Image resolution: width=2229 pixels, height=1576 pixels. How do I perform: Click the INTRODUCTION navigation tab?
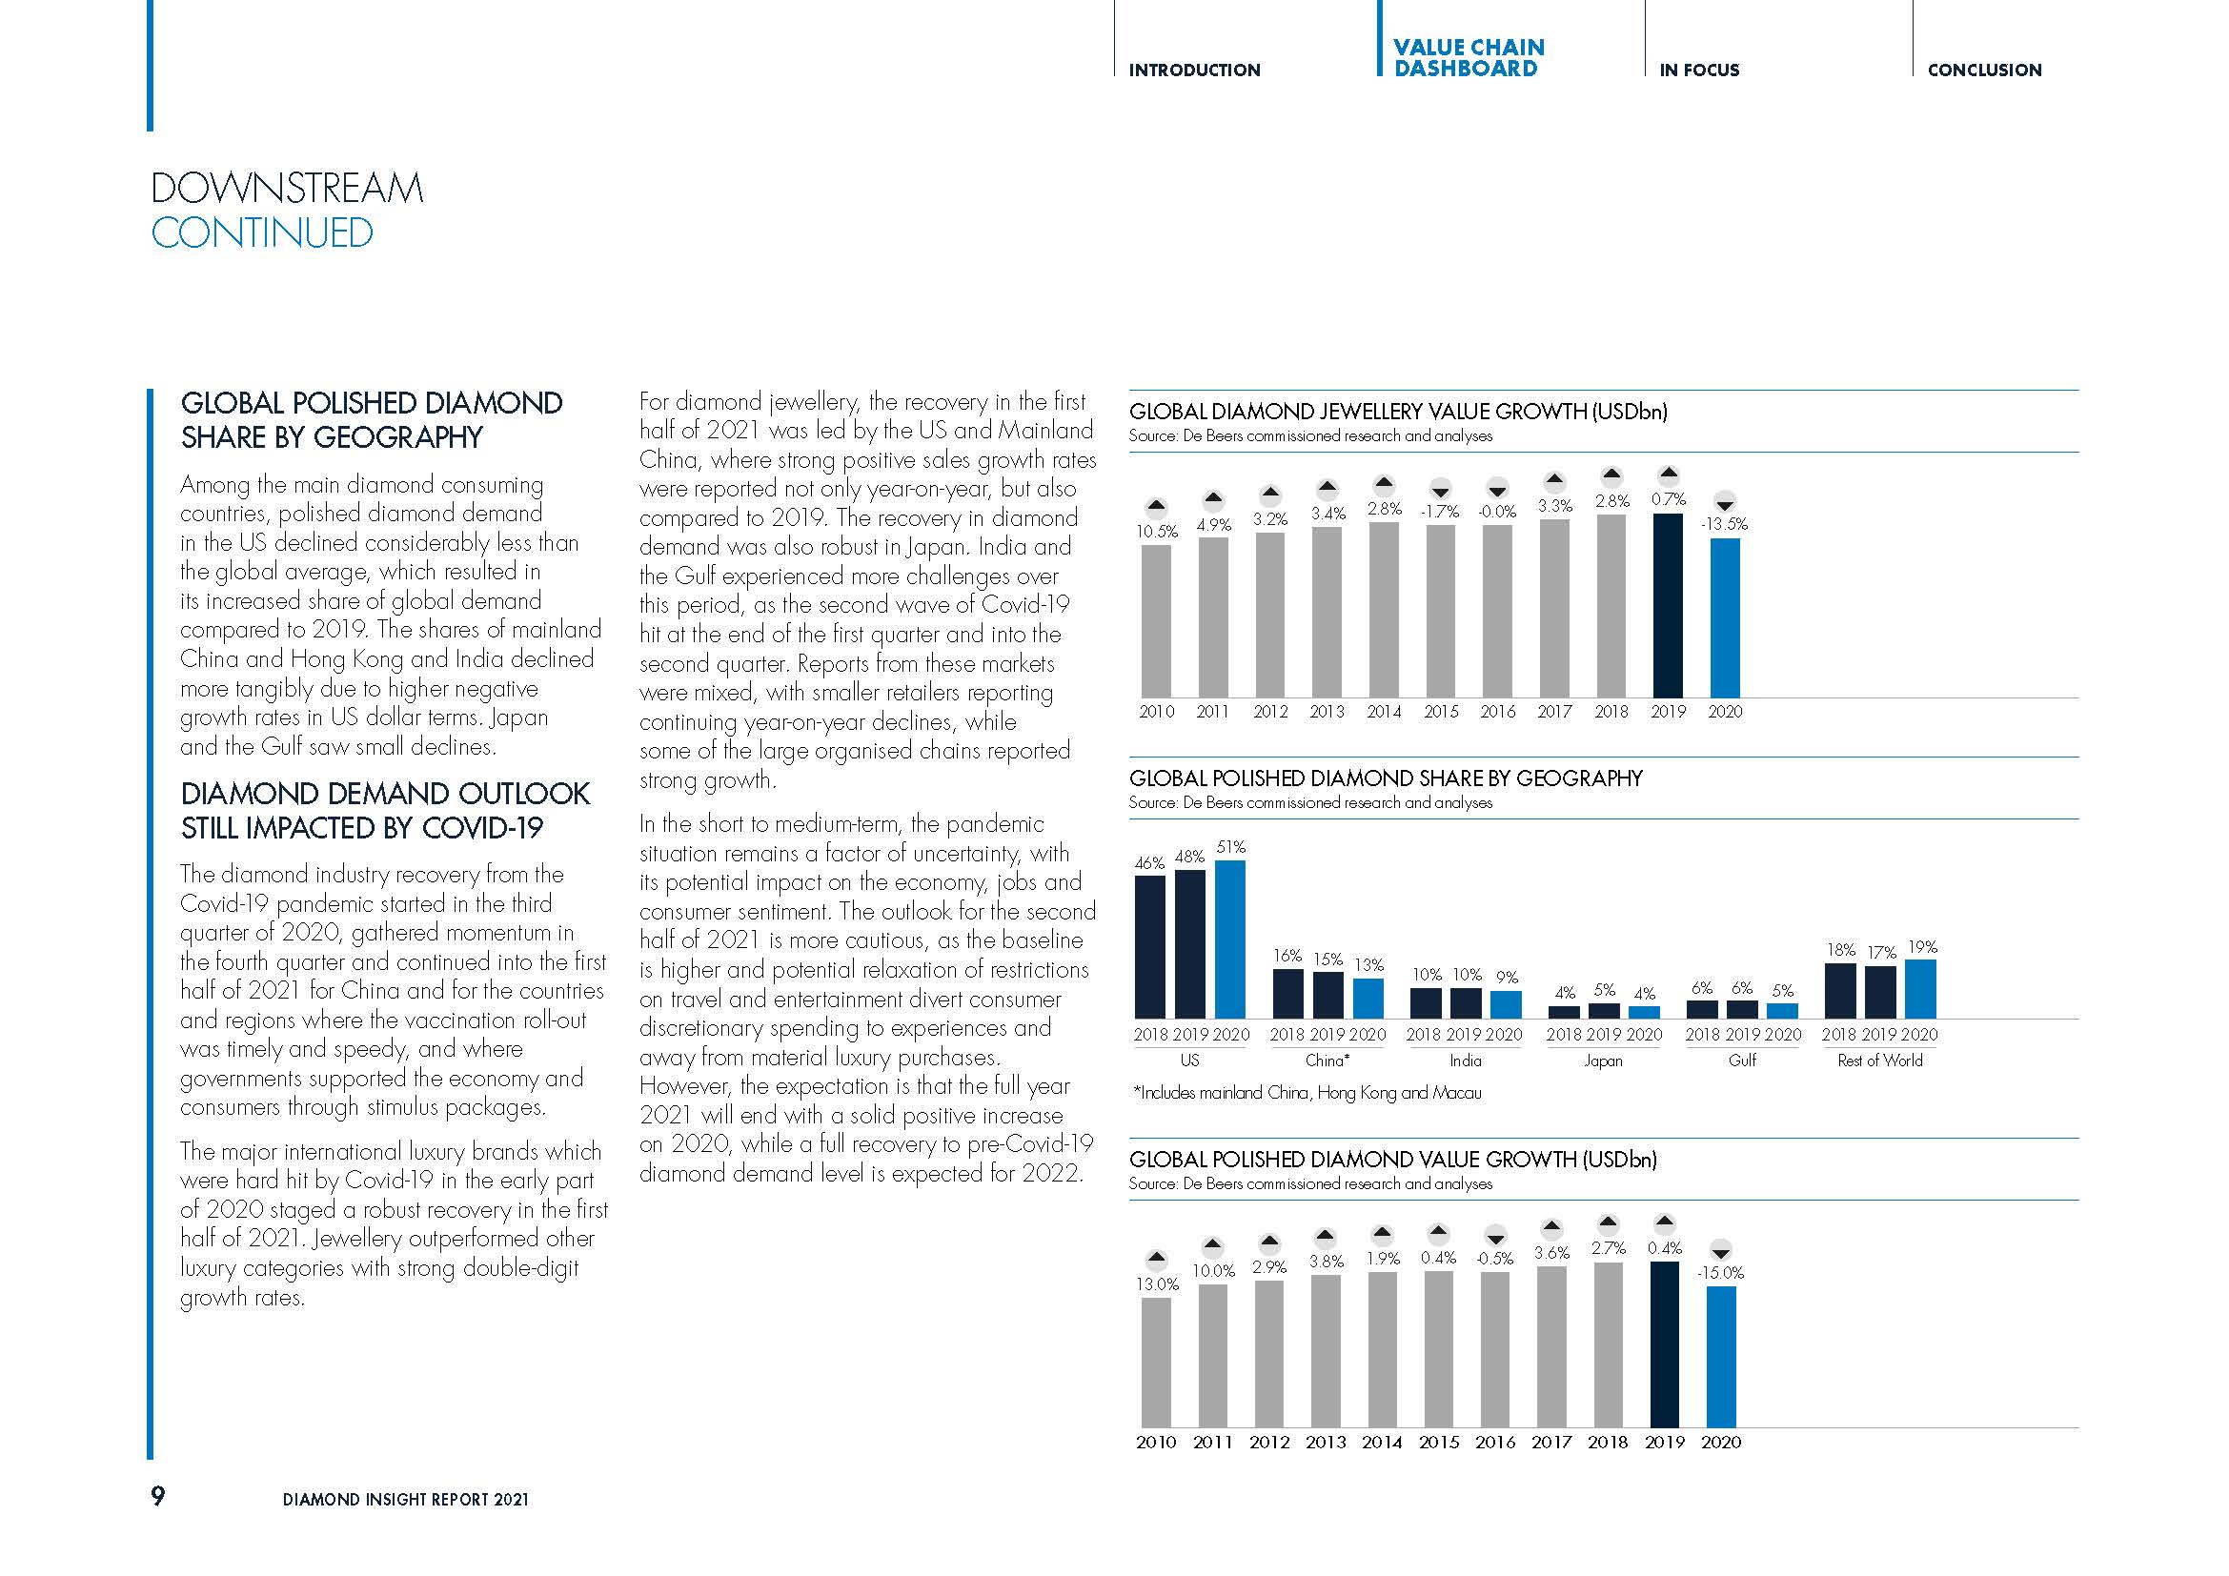pos(1194,70)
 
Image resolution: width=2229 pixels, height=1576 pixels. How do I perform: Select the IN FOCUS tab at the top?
pos(1699,70)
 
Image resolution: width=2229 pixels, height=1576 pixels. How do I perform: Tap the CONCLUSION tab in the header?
pos(1984,70)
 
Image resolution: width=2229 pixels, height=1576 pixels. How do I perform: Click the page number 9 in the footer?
pos(158,1495)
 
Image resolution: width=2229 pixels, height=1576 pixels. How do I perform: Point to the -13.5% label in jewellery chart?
pos(1724,524)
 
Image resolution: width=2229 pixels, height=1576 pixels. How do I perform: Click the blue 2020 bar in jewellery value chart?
pos(1724,617)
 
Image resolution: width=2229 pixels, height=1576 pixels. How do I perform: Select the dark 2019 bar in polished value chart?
pos(1664,1344)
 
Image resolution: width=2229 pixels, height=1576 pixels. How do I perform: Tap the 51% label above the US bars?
pos(1231,847)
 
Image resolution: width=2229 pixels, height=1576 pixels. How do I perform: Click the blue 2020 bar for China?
pos(1368,999)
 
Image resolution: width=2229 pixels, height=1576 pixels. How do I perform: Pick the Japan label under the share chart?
pos(1603,1061)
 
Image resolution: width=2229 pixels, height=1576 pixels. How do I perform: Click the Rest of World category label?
pos(1879,1061)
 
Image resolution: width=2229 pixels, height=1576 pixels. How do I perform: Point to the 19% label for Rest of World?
pos(1922,947)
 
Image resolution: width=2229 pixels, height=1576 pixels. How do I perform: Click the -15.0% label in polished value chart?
pos(1720,1272)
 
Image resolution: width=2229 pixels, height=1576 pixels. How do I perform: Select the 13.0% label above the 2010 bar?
pos(1157,1283)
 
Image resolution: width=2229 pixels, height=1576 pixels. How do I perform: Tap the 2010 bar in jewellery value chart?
pos(1156,621)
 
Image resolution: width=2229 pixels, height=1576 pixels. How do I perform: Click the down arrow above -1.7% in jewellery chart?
pos(1441,491)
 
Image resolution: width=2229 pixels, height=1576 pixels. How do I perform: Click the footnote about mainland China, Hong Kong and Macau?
pos(1307,1093)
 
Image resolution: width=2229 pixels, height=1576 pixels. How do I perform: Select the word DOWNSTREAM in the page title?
pos(288,189)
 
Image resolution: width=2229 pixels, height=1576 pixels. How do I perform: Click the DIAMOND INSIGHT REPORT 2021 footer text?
pos(406,1500)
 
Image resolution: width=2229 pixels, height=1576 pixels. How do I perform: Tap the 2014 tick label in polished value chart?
pos(1382,1442)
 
